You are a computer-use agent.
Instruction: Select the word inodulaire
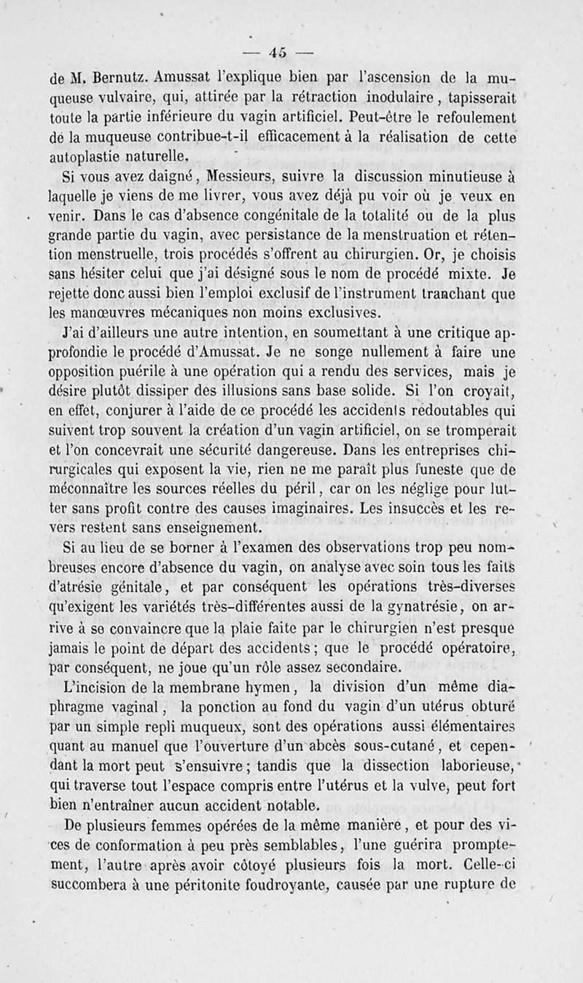click(x=386, y=97)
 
